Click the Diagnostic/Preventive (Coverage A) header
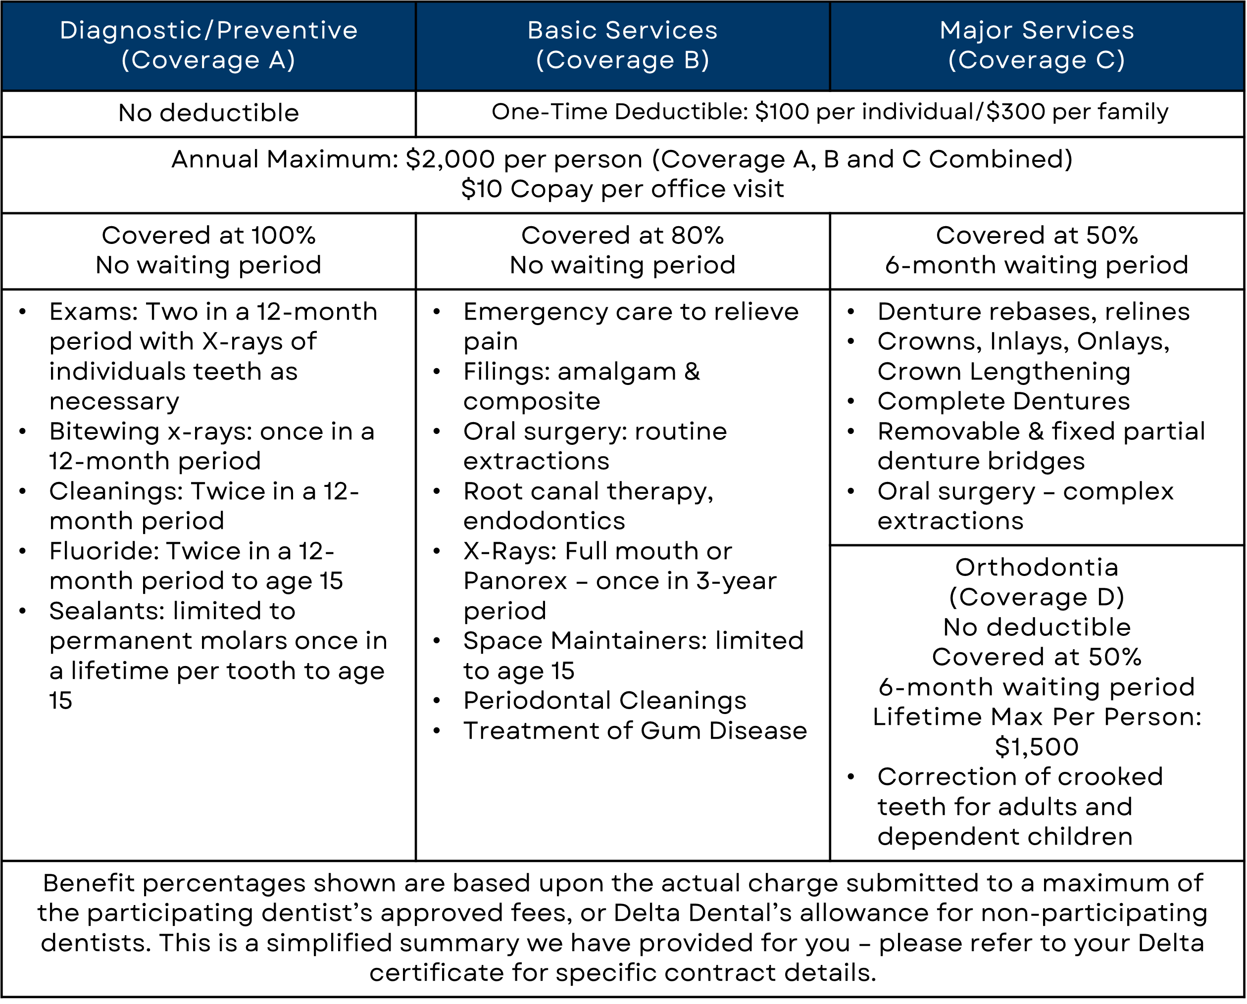pos(208,45)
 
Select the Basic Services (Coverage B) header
pos(623,45)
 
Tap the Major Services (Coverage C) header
pos(1037,45)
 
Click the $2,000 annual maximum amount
pos(450,159)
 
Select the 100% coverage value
pos(284,236)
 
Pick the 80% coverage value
pos(698,236)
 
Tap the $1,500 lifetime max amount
pos(1037,747)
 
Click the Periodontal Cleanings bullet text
pos(605,700)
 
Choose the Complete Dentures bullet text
pos(1003,401)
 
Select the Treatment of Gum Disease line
pos(635,730)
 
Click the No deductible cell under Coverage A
pos(208,113)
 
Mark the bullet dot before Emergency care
pos(437,312)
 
